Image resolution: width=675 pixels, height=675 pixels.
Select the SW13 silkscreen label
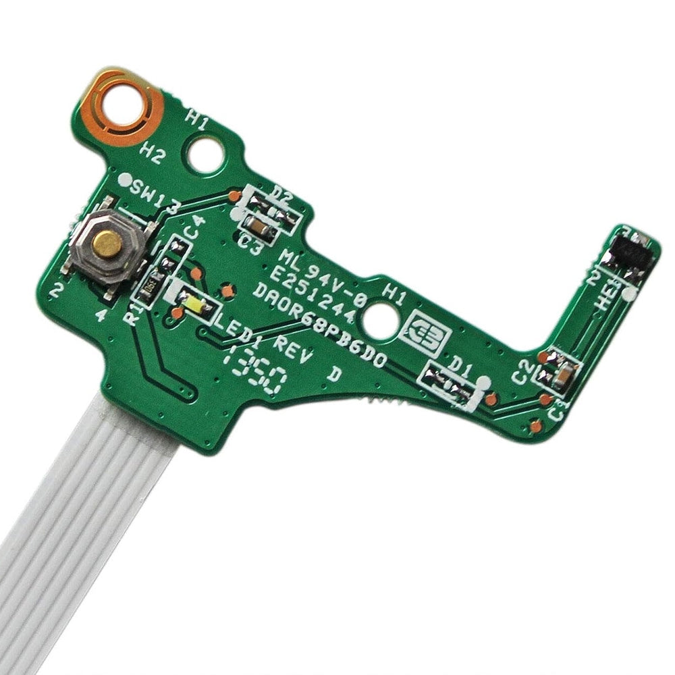point(155,195)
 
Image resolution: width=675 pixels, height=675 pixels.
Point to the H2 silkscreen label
point(151,154)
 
